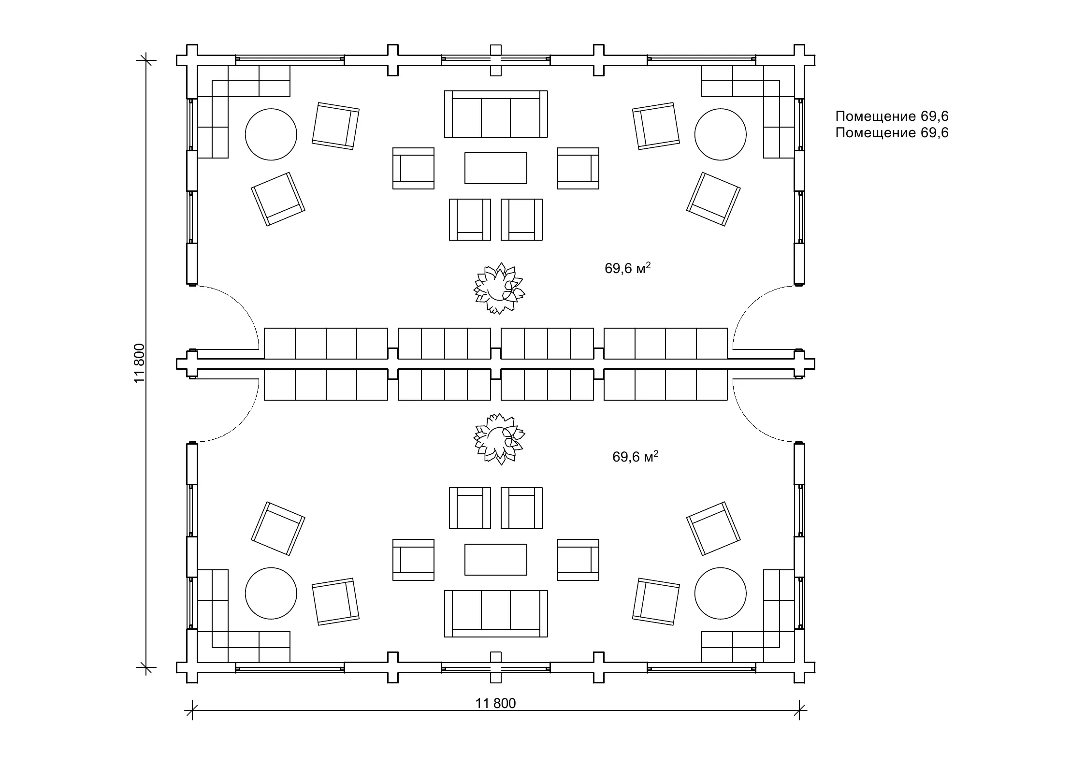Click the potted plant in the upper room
tap(499, 289)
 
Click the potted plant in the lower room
tap(499, 439)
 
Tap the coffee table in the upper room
tap(496, 168)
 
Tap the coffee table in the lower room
tap(496, 560)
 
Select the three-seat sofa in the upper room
tap(496, 114)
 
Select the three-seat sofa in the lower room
tap(496, 614)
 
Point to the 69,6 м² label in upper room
tap(628, 268)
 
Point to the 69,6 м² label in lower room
tap(636, 457)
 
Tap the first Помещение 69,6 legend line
tap(892, 116)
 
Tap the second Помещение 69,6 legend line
tap(892, 133)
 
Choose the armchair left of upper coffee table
tap(414, 168)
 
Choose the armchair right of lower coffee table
tap(578, 560)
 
